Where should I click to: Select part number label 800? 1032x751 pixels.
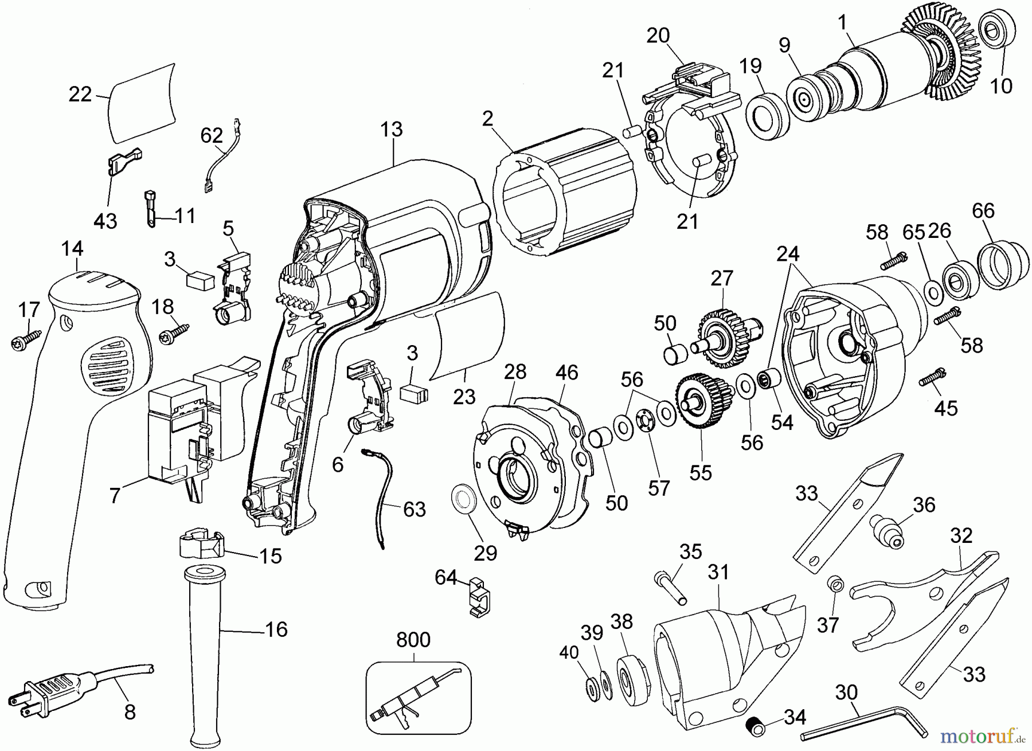pyautogui.click(x=413, y=640)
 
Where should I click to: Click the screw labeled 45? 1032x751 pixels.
pyautogui.click(x=932, y=377)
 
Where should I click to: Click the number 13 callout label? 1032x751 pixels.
pyautogui.click(x=392, y=130)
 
